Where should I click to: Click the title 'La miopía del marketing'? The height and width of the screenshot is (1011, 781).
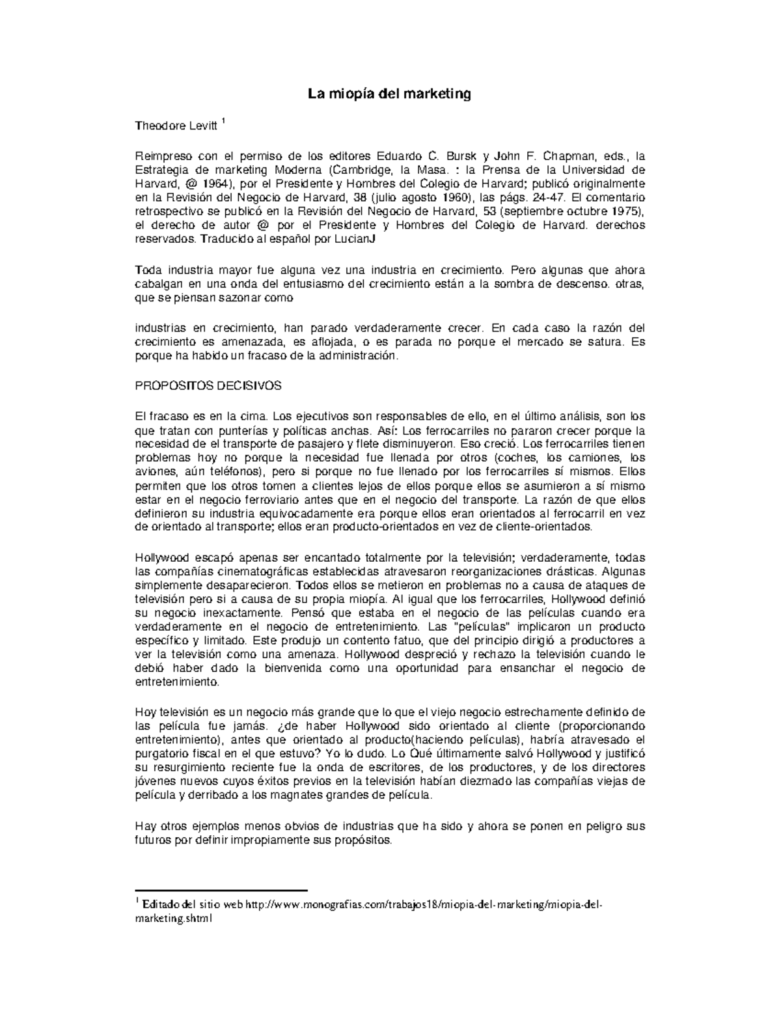[x=389, y=94]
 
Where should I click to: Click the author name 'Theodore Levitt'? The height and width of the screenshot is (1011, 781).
[x=175, y=126]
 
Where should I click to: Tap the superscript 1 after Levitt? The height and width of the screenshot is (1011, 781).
[x=223, y=122]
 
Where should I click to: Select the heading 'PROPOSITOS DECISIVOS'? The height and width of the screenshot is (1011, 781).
[x=208, y=386]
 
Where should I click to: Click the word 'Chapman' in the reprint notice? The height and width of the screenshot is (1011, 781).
[x=568, y=156]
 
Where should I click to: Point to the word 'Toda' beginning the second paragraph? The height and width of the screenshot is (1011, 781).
[x=148, y=270]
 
